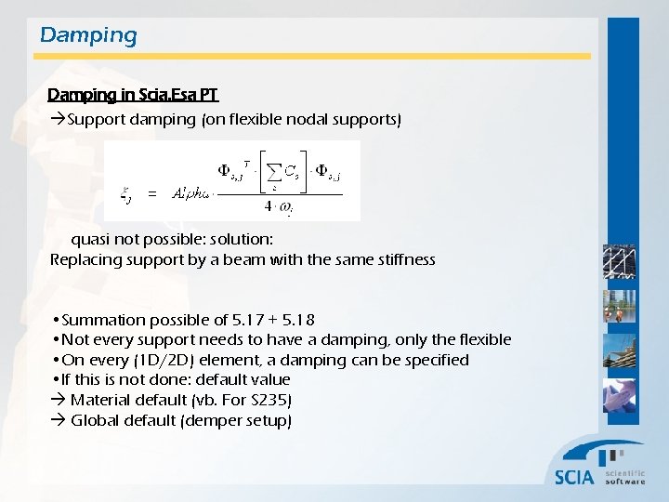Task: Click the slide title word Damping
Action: [x=88, y=36]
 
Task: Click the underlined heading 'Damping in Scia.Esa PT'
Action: [x=133, y=95]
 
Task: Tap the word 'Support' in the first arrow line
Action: [x=96, y=120]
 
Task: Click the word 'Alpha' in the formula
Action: [x=193, y=194]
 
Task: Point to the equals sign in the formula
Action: [x=151, y=194]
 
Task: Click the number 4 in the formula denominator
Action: [x=268, y=208]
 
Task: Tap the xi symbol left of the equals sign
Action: [x=126, y=195]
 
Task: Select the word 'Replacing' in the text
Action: [x=83, y=259]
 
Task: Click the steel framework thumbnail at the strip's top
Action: [x=619, y=262]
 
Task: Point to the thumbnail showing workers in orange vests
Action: [x=619, y=307]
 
